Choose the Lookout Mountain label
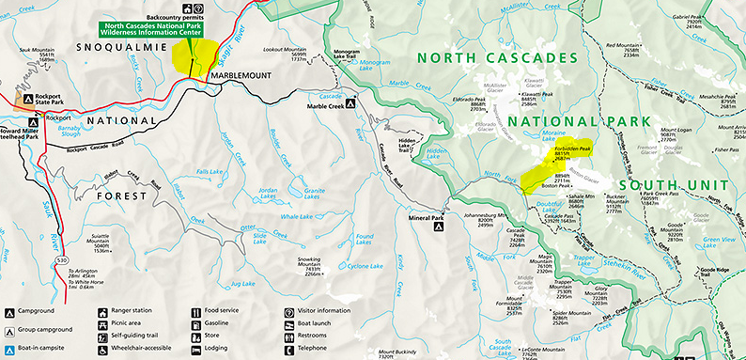[x=284, y=52]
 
